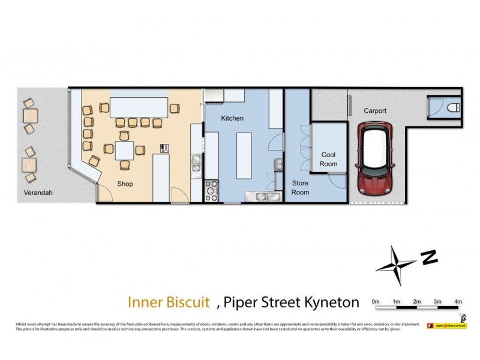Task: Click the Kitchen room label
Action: pyautogui.click(x=232, y=119)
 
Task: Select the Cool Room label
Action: pyautogui.click(x=329, y=159)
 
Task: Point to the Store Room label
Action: pyautogui.click(x=300, y=187)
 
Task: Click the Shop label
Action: pyautogui.click(x=125, y=184)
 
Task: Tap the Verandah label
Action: pyautogui.click(x=38, y=193)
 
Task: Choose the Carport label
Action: pyautogui.click(x=375, y=111)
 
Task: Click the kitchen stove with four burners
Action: pyautogui.click(x=212, y=190)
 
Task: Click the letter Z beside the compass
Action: pyautogui.click(x=428, y=257)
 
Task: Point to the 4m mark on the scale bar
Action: pyautogui.click(x=458, y=301)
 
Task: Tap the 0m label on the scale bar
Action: pyautogui.click(x=376, y=301)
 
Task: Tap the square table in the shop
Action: pyautogui.click(x=125, y=149)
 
